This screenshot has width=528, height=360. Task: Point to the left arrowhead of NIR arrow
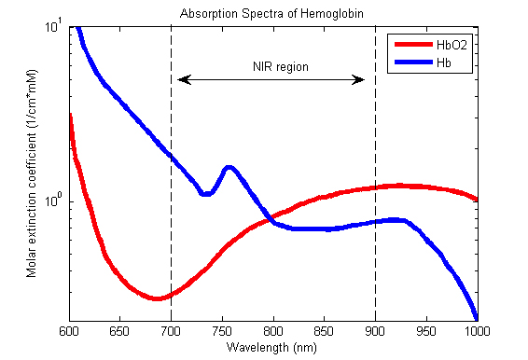click(181, 80)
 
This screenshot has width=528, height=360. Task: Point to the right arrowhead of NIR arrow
click(362, 80)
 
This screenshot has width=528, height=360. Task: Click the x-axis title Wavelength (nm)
click(272, 347)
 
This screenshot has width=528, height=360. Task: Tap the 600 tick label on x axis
click(68, 331)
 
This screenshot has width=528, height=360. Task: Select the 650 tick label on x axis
click(119, 331)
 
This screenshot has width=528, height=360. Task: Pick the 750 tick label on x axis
click(222, 331)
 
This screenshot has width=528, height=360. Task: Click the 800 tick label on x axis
click(273, 331)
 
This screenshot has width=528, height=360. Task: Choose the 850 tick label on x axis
click(325, 331)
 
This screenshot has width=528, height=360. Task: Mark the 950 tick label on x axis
click(426, 331)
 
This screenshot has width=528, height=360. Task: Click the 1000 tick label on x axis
click(477, 331)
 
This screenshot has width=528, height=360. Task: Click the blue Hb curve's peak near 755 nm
click(228, 168)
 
